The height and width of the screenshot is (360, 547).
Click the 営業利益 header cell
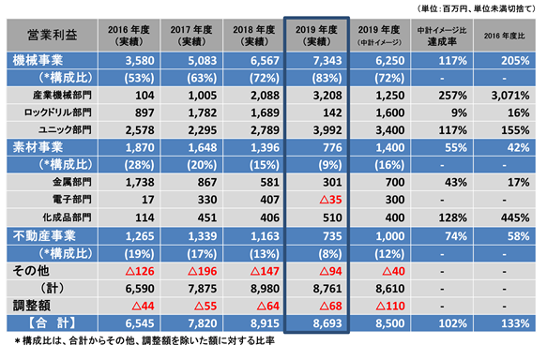[x=53, y=36]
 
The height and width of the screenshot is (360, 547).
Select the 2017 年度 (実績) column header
[x=191, y=36]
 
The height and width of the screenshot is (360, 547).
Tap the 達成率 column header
[x=442, y=36]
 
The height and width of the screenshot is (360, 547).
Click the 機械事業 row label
[x=38, y=61]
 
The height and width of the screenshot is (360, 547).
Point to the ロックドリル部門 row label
[x=57, y=112]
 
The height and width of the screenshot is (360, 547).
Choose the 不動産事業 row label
[x=44, y=236]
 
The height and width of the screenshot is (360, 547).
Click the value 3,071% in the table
[x=510, y=96]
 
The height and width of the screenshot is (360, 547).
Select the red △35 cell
[x=330, y=200]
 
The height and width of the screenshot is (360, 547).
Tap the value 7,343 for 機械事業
[x=327, y=61]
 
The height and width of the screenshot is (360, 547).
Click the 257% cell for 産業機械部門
[x=452, y=96]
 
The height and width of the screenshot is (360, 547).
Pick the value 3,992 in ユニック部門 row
[x=327, y=130]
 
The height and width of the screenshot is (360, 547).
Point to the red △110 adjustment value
[x=390, y=306]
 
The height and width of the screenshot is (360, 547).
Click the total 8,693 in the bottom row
[x=327, y=323]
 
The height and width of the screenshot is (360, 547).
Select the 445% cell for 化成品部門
[x=515, y=217]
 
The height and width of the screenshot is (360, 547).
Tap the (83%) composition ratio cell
[x=327, y=78]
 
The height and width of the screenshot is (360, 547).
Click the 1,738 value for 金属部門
[x=140, y=182]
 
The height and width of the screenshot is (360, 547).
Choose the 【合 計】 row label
[x=52, y=323]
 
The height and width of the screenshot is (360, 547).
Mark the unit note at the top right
[x=477, y=8]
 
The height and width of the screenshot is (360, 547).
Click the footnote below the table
[x=144, y=340]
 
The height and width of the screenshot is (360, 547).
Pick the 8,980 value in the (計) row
[x=265, y=289]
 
